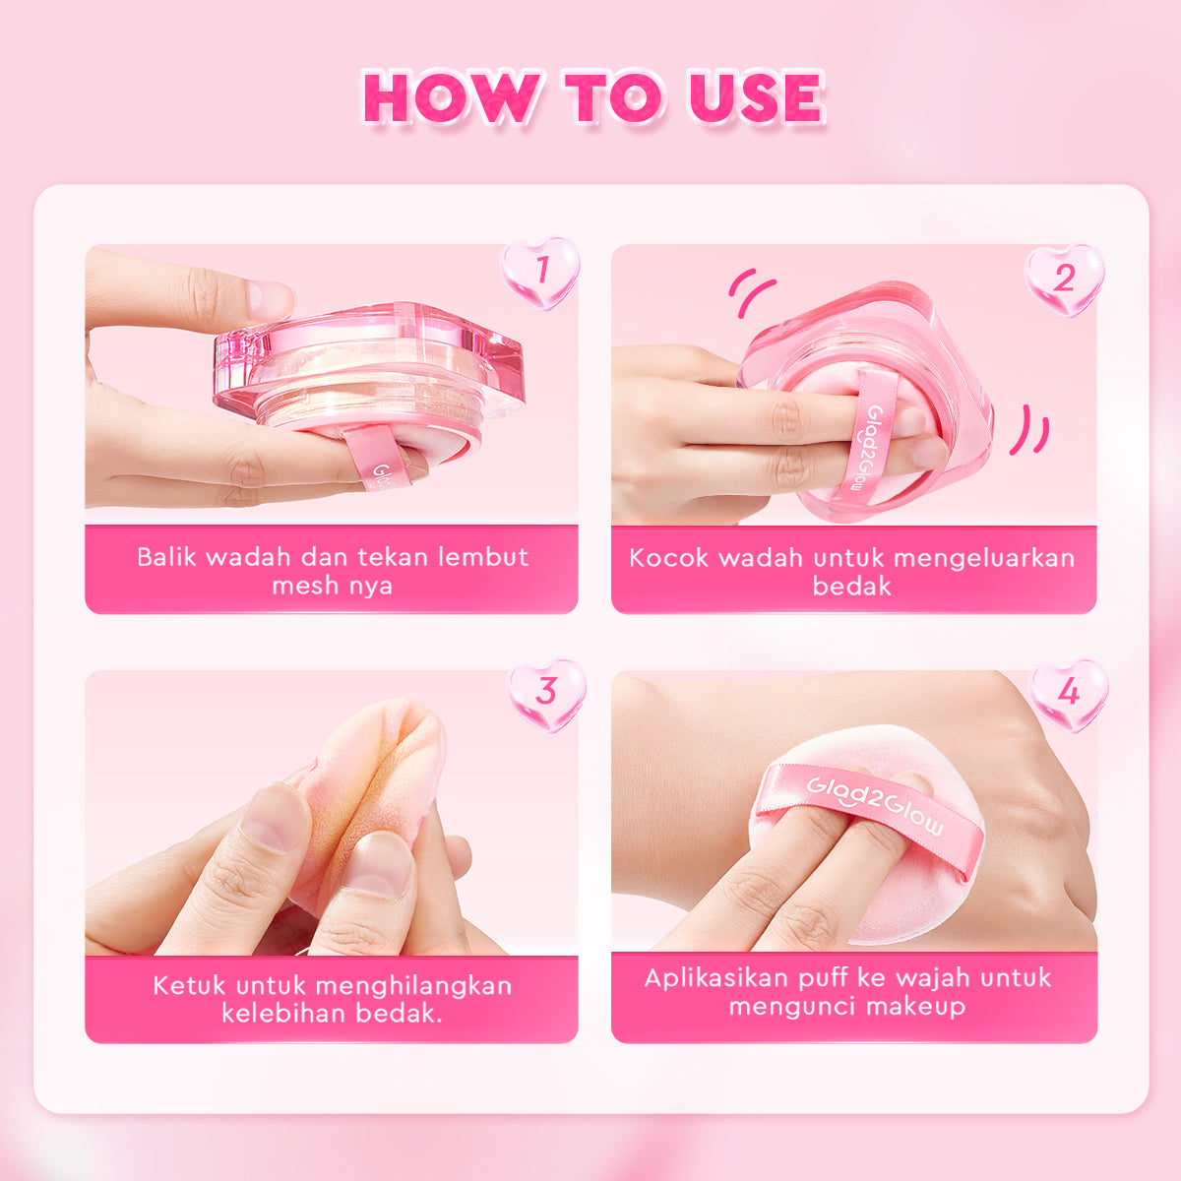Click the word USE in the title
[755, 97]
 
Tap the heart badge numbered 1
[539, 270]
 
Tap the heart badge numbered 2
[1064, 279]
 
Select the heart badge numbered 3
[546, 693]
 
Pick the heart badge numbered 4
[1068, 694]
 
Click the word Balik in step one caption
[166, 557]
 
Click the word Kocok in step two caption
[668, 558]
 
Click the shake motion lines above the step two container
[752, 292]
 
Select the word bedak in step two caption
[851, 587]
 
